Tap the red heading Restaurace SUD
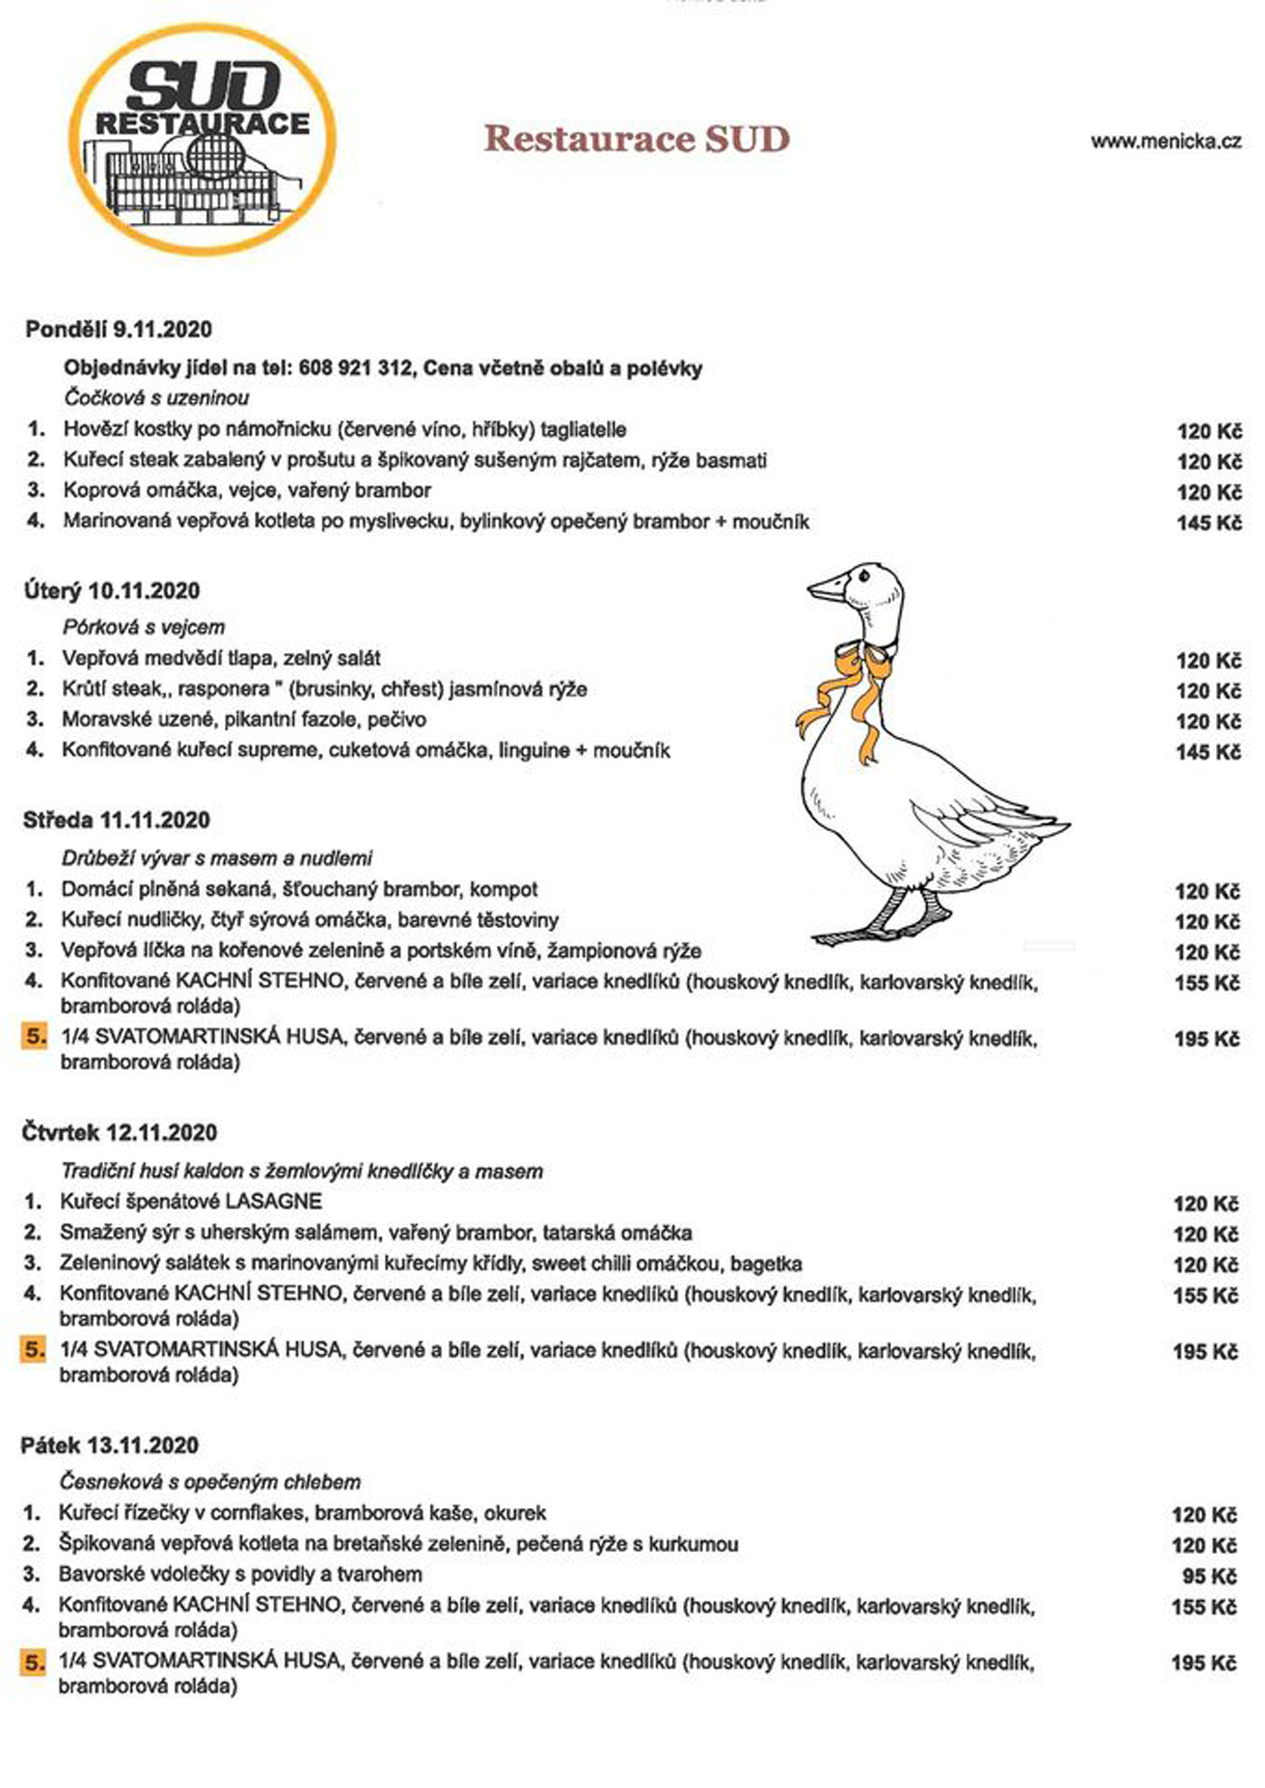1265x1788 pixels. pyautogui.click(x=637, y=139)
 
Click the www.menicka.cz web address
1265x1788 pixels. pyautogui.click(x=1166, y=141)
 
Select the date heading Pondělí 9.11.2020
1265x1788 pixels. pyautogui.click(x=118, y=329)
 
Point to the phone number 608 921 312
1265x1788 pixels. pyautogui.click(x=353, y=368)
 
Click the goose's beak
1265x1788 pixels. pyautogui.click(x=825, y=589)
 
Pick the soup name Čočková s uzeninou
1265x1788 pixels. pyautogui.click(x=156, y=398)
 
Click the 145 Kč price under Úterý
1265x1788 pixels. pyautogui.click(x=1208, y=752)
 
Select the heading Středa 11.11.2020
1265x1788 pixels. pyautogui.click(x=117, y=820)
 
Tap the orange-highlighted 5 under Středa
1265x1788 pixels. pyautogui.click(x=34, y=1037)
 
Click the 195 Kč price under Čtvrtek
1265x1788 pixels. pyautogui.click(x=1205, y=1352)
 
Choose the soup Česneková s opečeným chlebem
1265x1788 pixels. pyautogui.click(x=210, y=1482)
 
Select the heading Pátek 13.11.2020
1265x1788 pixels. pyautogui.click(x=109, y=1445)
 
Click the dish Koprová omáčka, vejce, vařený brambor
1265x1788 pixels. pyautogui.click(x=247, y=491)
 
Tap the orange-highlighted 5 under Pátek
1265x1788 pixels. pyautogui.click(x=33, y=1662)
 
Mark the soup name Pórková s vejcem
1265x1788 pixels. pyautogui.click(x=144, y=627)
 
